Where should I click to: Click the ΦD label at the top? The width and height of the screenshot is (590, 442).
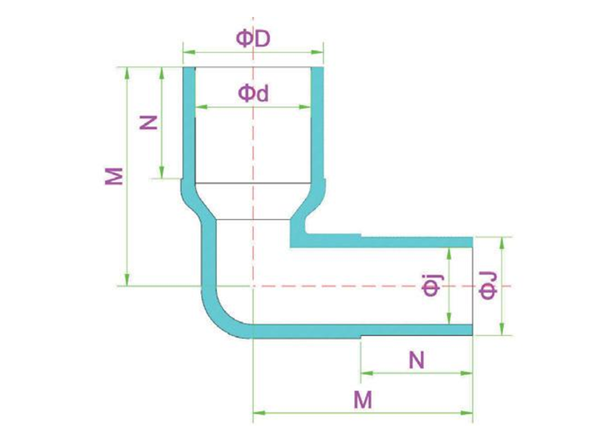pos(253,39)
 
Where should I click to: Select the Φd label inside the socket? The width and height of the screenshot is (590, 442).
pos(254,94)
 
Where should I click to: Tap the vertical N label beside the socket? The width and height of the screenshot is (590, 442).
pos(149,122)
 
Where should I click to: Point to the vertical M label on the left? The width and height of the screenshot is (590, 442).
pos(114,176)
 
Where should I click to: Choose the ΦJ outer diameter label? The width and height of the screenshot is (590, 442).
pos(488,286)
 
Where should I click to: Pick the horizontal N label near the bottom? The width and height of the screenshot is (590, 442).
pos(416,360)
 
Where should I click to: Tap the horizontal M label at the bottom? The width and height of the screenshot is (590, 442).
pos(363,399)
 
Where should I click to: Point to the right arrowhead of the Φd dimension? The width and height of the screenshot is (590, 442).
pos(305,107)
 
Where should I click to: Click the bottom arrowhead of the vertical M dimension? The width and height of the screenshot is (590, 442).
pos(127,280)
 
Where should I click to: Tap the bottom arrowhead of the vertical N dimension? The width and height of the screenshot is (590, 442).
pos(162,172)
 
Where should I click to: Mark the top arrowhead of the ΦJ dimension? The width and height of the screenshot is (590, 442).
pos(502,244)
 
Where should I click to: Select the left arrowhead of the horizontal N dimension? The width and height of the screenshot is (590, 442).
pos(367,373)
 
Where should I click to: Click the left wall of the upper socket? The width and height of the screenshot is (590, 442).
pos(189,124)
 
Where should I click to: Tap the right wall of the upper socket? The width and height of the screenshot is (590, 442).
pos(317,124)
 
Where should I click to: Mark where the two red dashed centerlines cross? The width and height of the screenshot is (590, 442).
pos(253,286)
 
